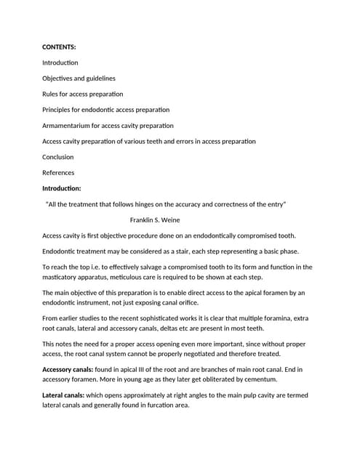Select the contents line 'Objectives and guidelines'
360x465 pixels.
[x=79, y=78]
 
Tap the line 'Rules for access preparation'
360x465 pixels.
[x=82, y=94]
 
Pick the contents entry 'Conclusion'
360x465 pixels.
[x=58, y=157]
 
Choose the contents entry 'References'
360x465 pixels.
[x=58, y=173]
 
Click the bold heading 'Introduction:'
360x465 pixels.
[x=66, y=188]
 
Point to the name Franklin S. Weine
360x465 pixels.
[x=155, y=219]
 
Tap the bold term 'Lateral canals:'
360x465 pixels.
[x=63, y=395]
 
